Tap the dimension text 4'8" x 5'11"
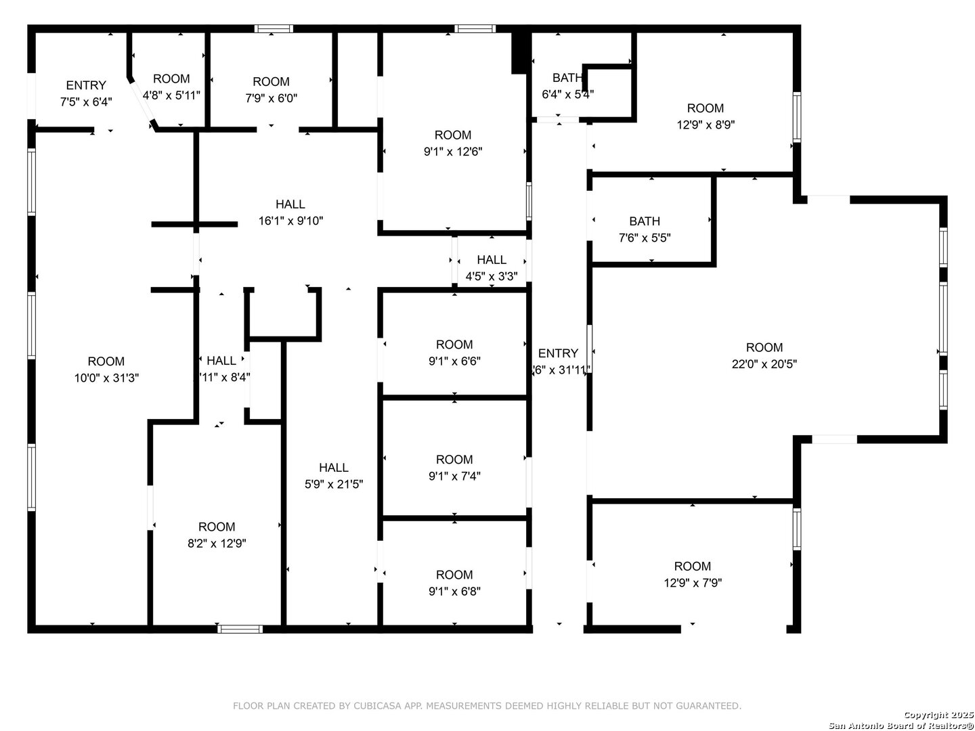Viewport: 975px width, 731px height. click(171, 95)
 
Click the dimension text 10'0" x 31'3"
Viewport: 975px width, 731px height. click(106, 378)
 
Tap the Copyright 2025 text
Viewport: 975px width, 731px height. click(938, 715)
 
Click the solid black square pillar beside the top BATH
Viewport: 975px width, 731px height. click(519, 51)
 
